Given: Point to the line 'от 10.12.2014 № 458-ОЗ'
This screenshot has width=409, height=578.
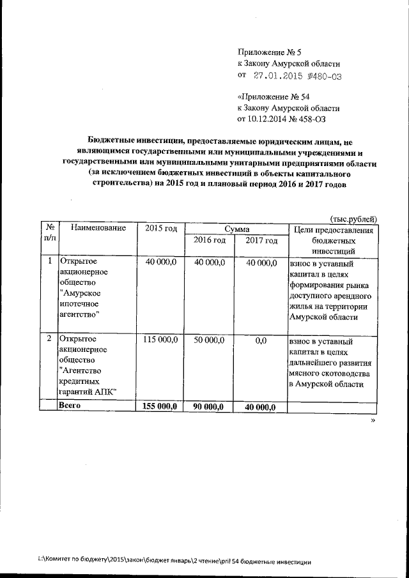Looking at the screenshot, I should [x=286, y=118].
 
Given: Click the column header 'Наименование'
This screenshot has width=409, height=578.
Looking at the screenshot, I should [x=98, y=229].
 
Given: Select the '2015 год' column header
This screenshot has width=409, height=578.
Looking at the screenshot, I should [x=160, y=229].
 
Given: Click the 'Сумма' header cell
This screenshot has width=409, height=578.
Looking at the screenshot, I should [x=236, y=229].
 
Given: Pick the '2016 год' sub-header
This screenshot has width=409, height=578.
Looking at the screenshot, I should [x=210, y=241].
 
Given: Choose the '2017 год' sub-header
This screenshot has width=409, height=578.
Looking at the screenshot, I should [x=261, y=241].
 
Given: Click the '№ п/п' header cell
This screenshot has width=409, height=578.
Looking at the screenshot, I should [x=49, y=234].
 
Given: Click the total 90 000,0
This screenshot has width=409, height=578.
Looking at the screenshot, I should [x=210, y=406].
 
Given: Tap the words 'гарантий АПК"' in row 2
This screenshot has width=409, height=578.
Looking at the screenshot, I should [x=87, y=392].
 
